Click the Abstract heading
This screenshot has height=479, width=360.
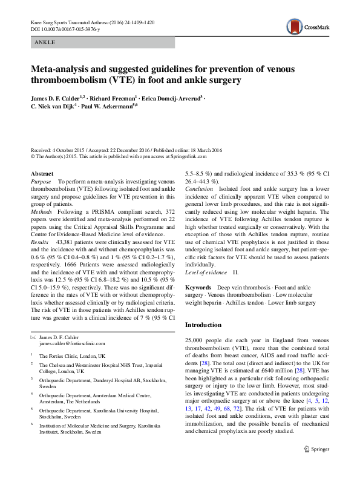click(x=42, y=174)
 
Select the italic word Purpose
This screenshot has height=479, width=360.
click(x=41, y=182)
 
